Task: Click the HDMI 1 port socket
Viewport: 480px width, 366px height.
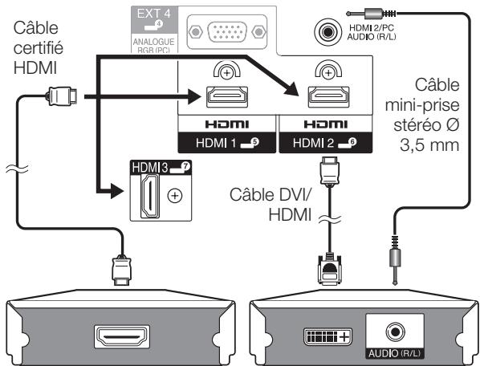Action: point(227,97)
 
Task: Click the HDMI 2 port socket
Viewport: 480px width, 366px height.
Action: point(328,97)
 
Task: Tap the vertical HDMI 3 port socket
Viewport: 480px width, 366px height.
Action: point(150,196)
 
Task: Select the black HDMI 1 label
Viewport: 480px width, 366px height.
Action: point(227,143)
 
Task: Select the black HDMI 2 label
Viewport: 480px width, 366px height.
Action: point(326,143)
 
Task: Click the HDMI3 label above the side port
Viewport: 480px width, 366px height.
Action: point(161,167)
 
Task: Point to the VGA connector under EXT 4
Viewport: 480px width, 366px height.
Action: point(226,31)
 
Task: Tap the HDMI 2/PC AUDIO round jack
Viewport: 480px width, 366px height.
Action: point(327,32)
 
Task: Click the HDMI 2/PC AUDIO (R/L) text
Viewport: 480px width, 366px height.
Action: point(372,32)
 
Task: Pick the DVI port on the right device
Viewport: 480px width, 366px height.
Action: point(327,336)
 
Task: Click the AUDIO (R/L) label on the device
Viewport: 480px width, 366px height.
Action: point(395,353)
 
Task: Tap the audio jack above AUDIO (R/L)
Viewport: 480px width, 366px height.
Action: point(395,331)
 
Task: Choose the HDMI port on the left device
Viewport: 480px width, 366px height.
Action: point(122,336)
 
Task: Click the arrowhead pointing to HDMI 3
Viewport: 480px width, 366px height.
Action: point(117,191)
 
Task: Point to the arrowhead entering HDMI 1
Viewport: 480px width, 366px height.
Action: point(195,96)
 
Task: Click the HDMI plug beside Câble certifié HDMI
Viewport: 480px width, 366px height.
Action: point(62,96)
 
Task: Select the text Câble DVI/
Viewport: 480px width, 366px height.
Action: point(271,194)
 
